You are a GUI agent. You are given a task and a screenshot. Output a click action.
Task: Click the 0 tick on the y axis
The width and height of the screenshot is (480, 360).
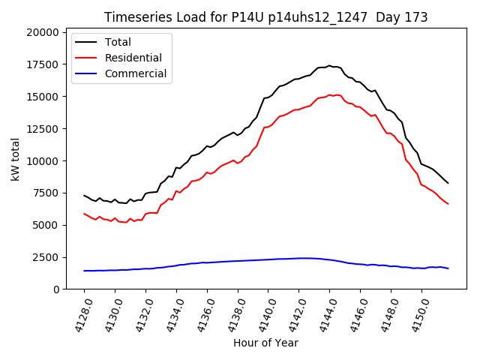click(x=56, y=289)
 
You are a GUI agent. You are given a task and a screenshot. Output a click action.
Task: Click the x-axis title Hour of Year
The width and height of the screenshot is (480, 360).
click(x=265, y=343)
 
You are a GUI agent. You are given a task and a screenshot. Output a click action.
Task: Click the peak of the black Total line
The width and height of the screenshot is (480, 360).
click(x=329, y=65)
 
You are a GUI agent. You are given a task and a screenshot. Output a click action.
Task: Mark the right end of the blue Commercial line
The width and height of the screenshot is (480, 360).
click(x=448, y=268)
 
